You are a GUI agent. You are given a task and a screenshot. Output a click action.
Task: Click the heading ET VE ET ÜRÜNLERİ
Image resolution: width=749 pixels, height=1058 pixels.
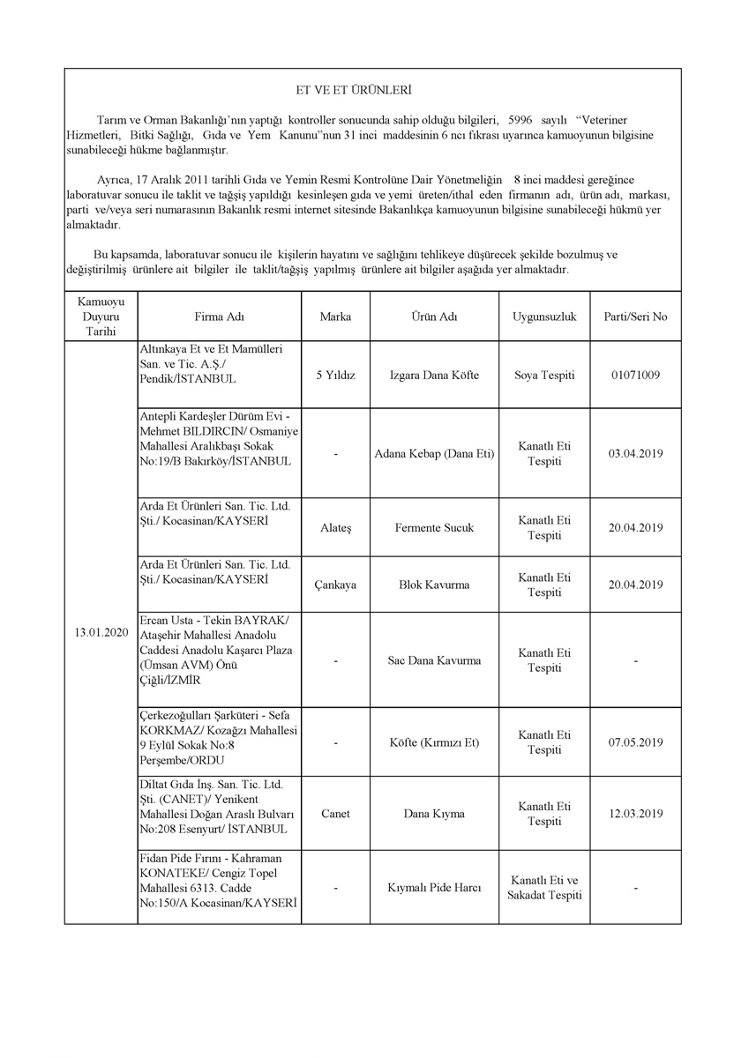(x=353, y=90)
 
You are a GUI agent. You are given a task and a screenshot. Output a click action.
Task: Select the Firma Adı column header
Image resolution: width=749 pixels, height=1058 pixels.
(x=219, y=317)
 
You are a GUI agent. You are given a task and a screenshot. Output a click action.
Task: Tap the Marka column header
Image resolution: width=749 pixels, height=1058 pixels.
(x=335, y=317)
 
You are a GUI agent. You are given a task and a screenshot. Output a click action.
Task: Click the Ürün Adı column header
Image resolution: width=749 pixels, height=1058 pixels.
(x=434, y=317)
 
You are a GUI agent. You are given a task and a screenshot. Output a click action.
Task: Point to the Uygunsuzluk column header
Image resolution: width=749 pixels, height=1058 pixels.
(x=543, y=317)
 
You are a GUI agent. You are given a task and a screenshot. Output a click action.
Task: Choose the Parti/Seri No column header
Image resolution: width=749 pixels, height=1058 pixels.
(x=635, y=317)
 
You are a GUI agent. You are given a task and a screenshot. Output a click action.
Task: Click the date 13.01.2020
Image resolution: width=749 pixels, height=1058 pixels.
(x=101, y=632)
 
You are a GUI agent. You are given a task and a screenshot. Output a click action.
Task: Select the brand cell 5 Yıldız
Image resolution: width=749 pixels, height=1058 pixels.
(x=335, y=375)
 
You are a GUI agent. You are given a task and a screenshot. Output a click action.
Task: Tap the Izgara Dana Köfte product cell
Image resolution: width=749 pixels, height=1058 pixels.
(x=434, y=375)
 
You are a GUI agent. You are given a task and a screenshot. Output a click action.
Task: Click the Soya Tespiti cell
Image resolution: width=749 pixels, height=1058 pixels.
(x=543, y=375)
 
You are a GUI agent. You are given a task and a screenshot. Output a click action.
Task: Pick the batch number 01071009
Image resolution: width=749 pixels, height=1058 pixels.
(x=635, y=375)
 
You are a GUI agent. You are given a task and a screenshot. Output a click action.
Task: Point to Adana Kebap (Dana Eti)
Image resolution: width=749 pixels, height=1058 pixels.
(x=434, y=454)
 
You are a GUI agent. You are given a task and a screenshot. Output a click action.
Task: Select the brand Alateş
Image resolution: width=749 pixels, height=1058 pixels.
(x=335, y=528)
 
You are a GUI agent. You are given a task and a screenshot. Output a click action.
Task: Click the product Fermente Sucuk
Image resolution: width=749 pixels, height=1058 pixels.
(x=434, y=528)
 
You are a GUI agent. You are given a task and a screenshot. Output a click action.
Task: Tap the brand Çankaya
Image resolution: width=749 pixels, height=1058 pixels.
(x=335, y=585)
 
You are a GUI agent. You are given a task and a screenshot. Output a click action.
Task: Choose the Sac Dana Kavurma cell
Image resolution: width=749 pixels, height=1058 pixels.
(x=434, y=660)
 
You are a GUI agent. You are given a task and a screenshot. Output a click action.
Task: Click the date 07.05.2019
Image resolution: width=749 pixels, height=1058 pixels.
(x=635, y=742)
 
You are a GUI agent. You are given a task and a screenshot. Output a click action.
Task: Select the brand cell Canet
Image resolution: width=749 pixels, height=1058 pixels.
(x=335, y=814)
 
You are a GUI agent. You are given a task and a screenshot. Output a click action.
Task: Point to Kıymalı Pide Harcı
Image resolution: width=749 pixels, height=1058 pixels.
(x=434, y=888)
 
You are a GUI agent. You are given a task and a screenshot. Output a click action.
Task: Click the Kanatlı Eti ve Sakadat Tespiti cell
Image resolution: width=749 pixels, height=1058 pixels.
(x=543, y=888)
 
